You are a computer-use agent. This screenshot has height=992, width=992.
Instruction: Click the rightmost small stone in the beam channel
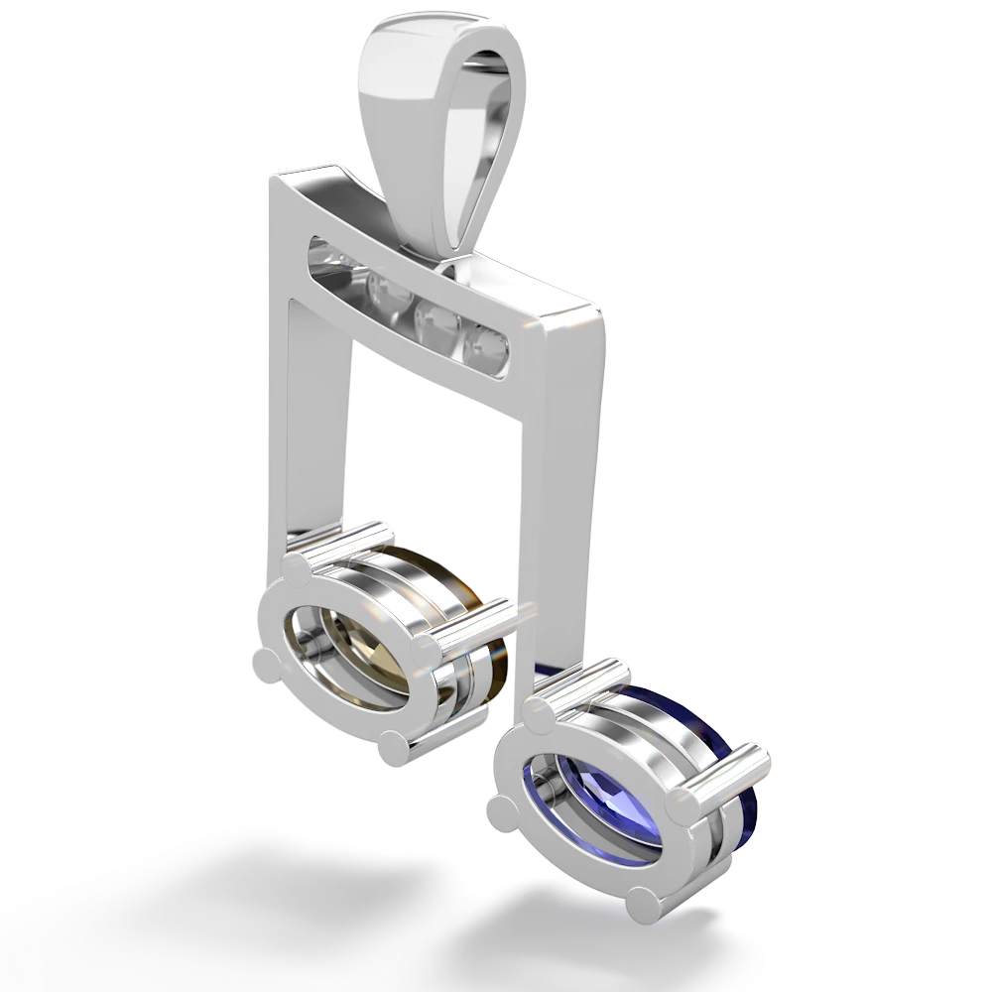point(488,346)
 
